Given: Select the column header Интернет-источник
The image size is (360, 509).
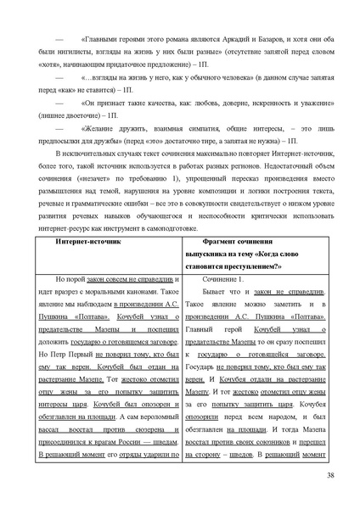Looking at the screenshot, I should tap(89, 241).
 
